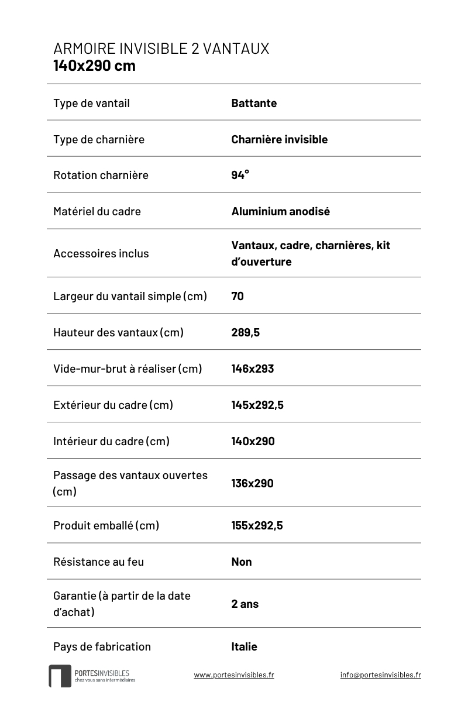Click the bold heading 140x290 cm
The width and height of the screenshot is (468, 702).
coord(94,66)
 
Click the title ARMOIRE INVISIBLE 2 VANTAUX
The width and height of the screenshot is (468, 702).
coord(161,49)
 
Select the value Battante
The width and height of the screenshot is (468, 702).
coord(254,104)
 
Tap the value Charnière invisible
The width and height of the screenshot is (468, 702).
coord(279,139)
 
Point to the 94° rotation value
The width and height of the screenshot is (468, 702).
coord(240,175)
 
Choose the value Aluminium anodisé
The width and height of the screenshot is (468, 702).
coord(280,211)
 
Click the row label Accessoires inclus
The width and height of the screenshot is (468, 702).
coord(101,253)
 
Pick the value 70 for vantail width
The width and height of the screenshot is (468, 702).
coord(238,296)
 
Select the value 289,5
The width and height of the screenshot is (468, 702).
coord(245,332)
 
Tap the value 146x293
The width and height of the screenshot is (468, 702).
coord(252,369)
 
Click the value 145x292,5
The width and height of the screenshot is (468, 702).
coord(257,405)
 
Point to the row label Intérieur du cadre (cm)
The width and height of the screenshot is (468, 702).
coord(111,441)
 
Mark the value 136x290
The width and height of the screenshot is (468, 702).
coord(252,483)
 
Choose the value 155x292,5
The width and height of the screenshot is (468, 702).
coord(257,525)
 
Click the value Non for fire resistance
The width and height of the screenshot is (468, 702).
coord(242,562)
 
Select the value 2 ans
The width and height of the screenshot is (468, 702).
coord(245,604)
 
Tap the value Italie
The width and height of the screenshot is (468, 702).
coord(244,646)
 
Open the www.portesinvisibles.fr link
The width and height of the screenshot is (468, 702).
coord(234,675)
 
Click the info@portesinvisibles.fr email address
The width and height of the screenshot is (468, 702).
coord(380,675)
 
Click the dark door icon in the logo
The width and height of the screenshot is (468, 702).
coord(60,676)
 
